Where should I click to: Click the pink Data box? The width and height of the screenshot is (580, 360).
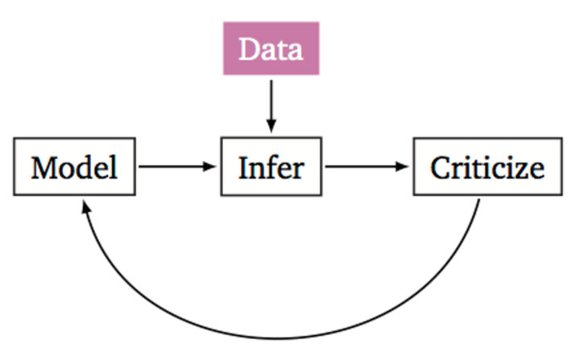pos(271,49)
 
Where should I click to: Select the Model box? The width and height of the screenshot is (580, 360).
pos(74,168)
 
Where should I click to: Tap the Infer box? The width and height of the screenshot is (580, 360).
pos(271,168)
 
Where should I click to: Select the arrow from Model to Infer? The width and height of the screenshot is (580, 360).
pos(177,168)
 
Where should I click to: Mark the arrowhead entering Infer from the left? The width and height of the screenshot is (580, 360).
pos(213,168)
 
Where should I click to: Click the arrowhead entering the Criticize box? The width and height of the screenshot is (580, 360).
pos(404,168)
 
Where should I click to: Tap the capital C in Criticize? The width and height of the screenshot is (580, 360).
pos(441,168)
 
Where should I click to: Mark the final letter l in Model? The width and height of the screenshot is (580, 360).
pos(114,167)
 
